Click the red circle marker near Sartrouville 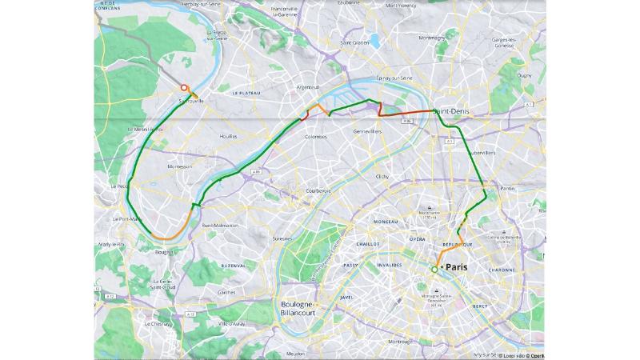(x=184, y=88)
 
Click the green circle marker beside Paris (x=434, y=270)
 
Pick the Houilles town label (x=230, y=136)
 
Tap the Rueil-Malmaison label (x=222, y=226)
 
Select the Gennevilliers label (x=367, y=130)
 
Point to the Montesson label (x=179, y=166)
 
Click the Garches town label (x=226, y=292)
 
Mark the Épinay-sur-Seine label (x=396, y=78)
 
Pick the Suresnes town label (x=282, y=238)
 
